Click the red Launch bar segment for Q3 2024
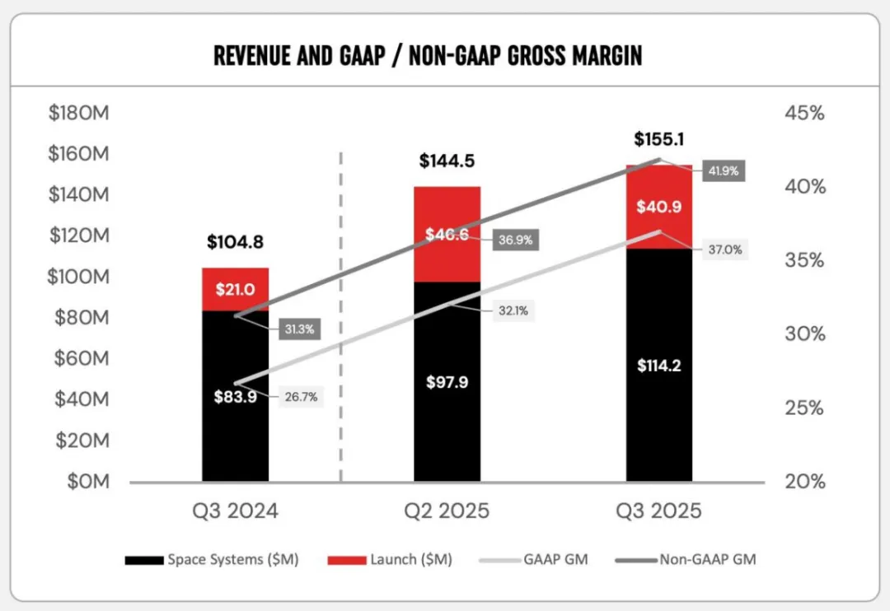coord(235,289)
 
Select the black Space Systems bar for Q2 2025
coord(447,382)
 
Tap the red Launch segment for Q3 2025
coord(659,207)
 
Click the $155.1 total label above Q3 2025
coord(659,139)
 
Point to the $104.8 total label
coord(235,242)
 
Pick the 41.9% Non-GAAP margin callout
coord(724,170)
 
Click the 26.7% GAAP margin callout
coord(301,397)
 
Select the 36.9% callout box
coord(515,240)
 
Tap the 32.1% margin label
coord(513,311)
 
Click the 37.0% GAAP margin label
coord(725,250)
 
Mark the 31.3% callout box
coord(299,329)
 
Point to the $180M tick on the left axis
coord(79,113)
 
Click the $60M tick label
coord(82,358)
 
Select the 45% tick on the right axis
coord(805,113)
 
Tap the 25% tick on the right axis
coord(804,408)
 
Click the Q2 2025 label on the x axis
coord(447,511)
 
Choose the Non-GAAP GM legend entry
coord(686,560)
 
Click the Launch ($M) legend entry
coord(390,560)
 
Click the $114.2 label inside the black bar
coord(659,366)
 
